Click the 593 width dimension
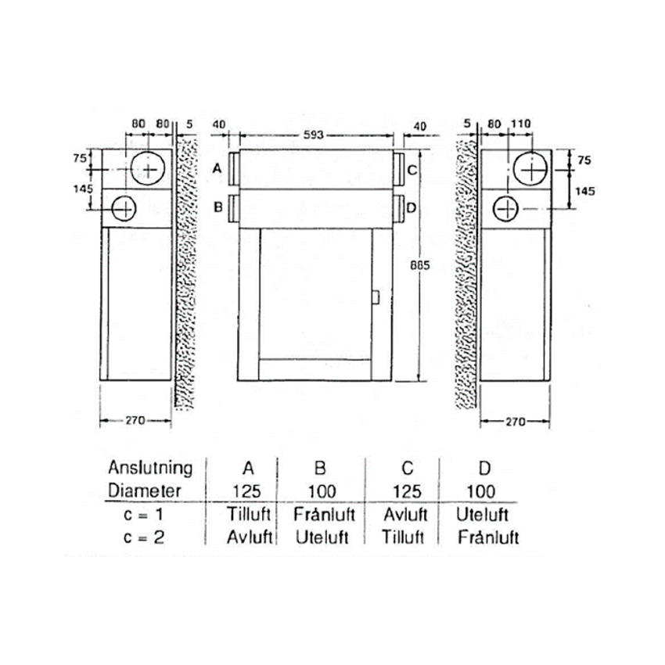point(314,135)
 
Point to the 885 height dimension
point(420,265)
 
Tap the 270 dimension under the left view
point(135,421)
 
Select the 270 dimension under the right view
point(516,422)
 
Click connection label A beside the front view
point(217,169)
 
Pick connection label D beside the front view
point(412,208)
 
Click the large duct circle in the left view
point(148,168)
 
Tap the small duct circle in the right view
point(505,209)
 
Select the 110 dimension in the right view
point(521,124)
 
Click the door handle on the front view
point(376,297)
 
